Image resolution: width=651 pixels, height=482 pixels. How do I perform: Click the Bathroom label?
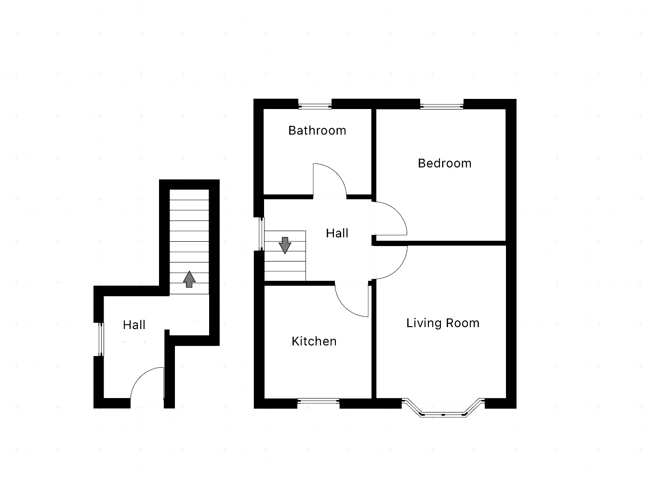pyautogui.click(x=317, y=130)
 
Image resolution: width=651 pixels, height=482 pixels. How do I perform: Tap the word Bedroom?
pyautogui.click(x=444, y=163)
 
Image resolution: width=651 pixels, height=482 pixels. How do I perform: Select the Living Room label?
pyautogui.click(x=443, y=323)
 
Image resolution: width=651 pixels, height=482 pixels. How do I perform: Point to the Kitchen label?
pyautogui.click(x=314, y=341)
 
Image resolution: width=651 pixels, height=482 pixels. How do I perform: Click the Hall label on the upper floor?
pyautogui.click(x=337, y=233)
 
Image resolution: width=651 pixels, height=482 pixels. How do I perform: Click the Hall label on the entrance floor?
pyautogui.click(x=134, y=325)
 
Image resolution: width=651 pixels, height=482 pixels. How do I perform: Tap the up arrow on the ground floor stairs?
pyautogui.click(x=189, y=279)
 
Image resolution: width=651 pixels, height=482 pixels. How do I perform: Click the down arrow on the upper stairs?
pyautogui.click(x=285, y=245)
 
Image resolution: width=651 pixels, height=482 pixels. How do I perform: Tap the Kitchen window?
pyautogui.click(x=319, y=399)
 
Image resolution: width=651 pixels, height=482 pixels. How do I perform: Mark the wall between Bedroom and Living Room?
pyautogui.click(x=441, y=243)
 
